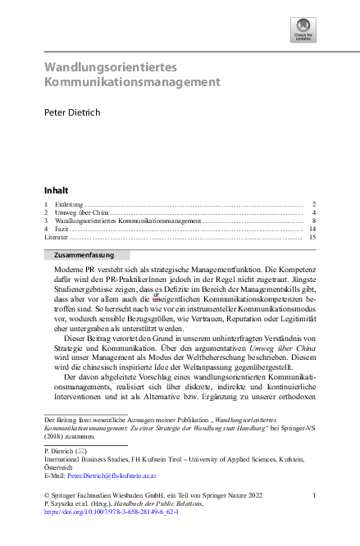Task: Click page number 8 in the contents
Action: click(x=314, y=221)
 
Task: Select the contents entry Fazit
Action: click(x=62, y=229)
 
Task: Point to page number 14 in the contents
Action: click(x=312, y=229)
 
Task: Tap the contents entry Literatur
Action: click(x=56, y=237)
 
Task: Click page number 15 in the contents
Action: click(x=312, y=237)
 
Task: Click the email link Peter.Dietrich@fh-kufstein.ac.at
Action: click(x=111, y=474)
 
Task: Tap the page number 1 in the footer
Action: click(x=314, y=494)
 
